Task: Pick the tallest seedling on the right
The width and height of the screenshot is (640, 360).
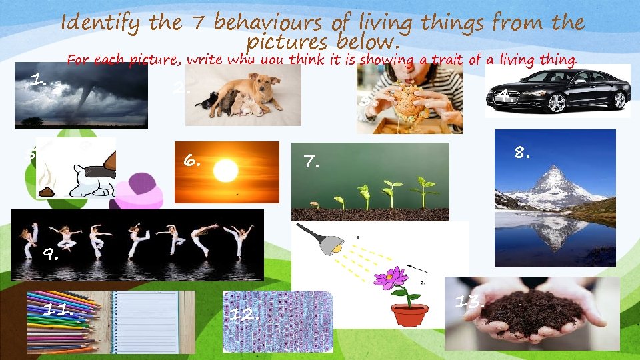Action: click(421, 191)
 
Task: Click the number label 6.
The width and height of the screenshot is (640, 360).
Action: click(191, 160)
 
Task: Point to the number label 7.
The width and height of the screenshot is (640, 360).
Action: click(311, 161)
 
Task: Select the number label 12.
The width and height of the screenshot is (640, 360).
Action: click(245, 315)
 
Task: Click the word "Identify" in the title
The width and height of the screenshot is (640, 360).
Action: click(101, 24)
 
